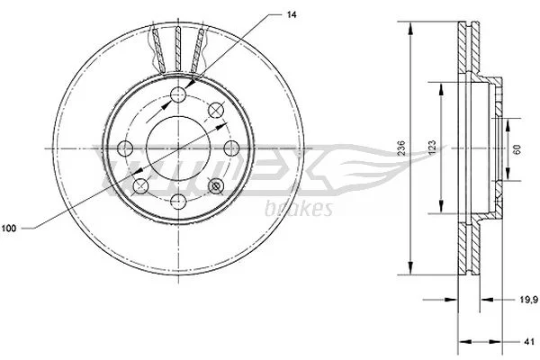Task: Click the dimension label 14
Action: pos(292,14)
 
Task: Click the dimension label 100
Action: pos(9,228)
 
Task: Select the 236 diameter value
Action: pos(401,148)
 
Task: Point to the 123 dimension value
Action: pos(433,148)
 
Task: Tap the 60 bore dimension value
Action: pos(517,148)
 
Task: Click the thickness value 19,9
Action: pos(529,300)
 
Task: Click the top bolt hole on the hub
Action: pos(178,94)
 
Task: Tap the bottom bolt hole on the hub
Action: pos(178,202)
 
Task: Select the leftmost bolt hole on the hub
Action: pos(125,148)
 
